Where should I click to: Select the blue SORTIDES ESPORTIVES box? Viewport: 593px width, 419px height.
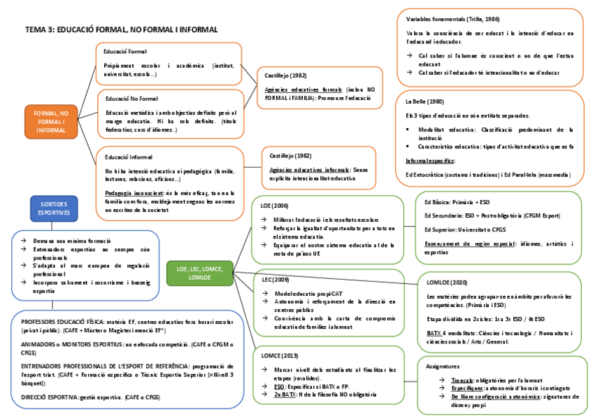pyautogui.click(x=54, y=207)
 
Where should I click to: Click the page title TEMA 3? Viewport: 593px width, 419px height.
pyautogui.click(x=121, y=30)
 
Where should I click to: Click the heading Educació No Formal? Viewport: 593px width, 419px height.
pyautogui.click(x=131, y=99)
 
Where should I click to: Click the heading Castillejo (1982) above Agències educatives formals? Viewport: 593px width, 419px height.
pyautogui.click(x=286, y=75)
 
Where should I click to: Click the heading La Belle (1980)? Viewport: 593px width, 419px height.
pyautogui.click(x=424, y=101)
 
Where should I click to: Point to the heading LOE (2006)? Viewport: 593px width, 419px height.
pyautogui.click(x=273, y=206)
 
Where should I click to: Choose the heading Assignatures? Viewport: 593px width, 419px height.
pyautogui.click(x=443, y=366)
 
